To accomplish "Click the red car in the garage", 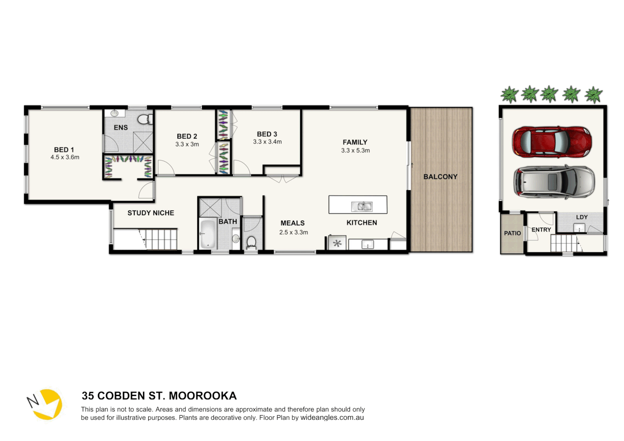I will (552, 142).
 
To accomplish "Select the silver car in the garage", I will (554, 182).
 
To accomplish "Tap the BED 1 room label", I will (64, 150).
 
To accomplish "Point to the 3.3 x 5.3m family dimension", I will (355, 151).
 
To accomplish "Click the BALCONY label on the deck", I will (440, 177).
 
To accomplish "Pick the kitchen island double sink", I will (361, 207).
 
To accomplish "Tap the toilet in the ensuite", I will (144, 119).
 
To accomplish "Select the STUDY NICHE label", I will (151, 213).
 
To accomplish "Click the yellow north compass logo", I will (47, 404).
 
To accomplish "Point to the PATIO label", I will (512, 233).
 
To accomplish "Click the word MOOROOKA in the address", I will (203, 396).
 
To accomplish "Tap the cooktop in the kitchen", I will (337, 244).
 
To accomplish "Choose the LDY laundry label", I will (582, 217).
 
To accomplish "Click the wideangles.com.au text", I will (332, 418).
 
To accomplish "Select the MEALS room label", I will (292, 223).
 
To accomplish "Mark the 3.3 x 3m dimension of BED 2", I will (187, 144).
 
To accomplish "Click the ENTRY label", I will (541, 230).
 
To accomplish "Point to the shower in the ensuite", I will (143, 142).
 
